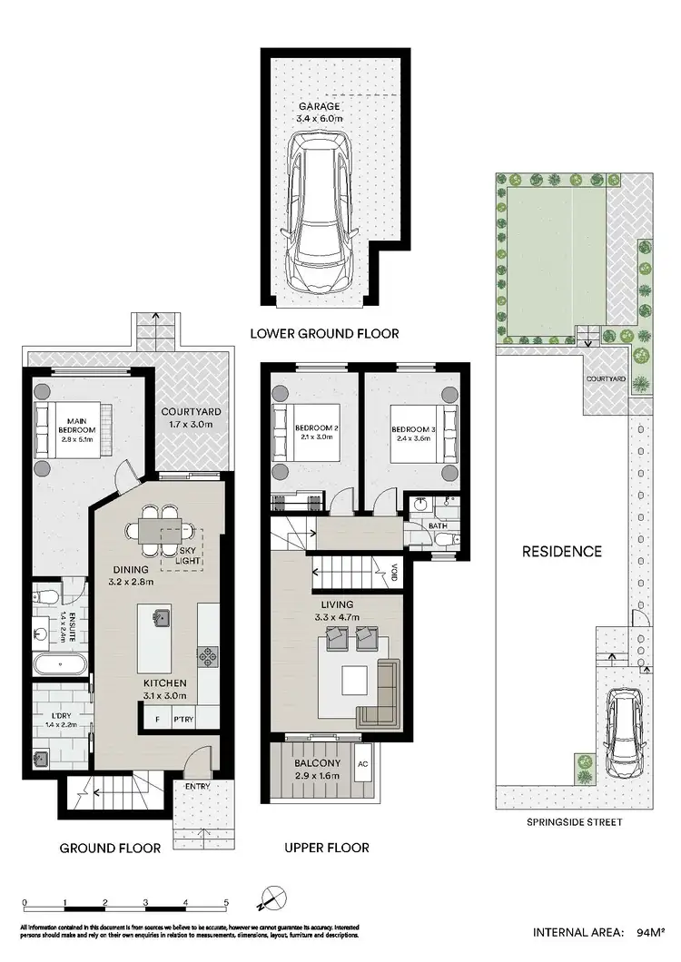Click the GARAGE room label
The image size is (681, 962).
click(x=322, y=106)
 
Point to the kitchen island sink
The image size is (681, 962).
click(x=161, y=616)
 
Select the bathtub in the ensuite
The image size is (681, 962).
click(x=61, y=664)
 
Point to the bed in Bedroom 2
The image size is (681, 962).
click(x=306, y=430)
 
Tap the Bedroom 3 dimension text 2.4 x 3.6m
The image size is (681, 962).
click(x=410, y=440)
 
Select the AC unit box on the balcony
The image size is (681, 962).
click(x=364, y=764)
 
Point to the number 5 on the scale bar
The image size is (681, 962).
click(x=226, y=903)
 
